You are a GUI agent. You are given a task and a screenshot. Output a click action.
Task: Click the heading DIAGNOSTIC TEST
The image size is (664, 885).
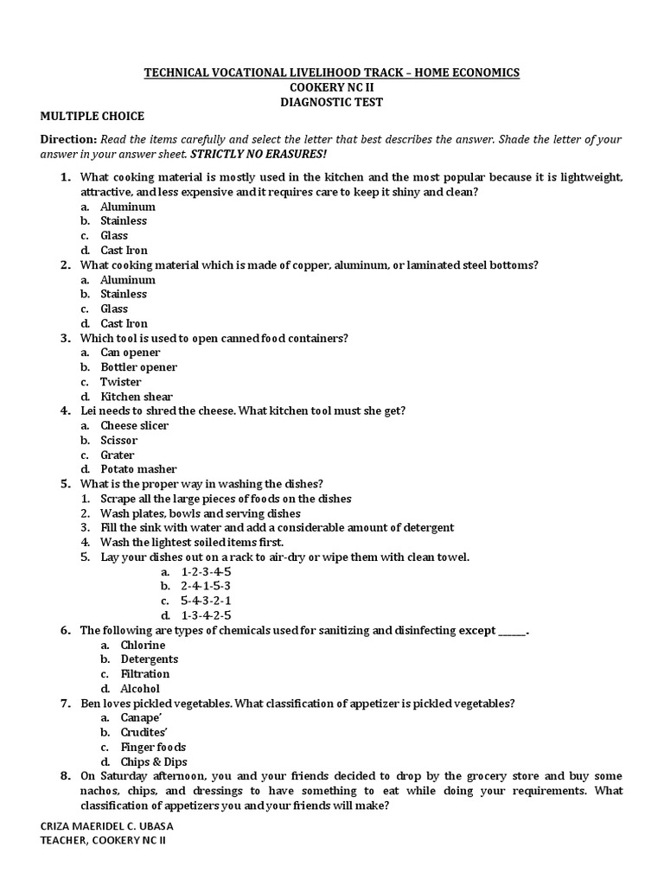point(331,102)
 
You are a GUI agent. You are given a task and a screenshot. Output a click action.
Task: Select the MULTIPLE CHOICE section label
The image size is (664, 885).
point(92,117)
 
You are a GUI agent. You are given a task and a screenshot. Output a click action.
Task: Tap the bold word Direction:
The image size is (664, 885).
point(68,139)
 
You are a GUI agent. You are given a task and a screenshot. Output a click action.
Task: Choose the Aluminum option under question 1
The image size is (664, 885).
point(127,207)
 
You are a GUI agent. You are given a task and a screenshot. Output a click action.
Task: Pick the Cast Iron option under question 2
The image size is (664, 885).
point(124,323)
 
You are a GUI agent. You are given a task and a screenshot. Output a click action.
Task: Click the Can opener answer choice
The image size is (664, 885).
point(130,353)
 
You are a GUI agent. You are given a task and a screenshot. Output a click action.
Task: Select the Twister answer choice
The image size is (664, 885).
point(120,382)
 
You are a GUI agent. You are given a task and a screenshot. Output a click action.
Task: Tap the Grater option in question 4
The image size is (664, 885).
point(117,455)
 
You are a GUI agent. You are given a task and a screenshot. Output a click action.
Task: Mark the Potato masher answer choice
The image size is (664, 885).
point(138,469)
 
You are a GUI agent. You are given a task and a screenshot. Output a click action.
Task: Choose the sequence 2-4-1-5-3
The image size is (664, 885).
point(207,586)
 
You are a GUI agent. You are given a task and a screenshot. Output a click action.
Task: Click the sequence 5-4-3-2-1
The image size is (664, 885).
point(207,601)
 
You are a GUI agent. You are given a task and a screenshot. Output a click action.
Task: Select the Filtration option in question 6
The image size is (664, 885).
point(144,674)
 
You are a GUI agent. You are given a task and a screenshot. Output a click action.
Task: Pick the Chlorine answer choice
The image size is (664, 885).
point(143,645)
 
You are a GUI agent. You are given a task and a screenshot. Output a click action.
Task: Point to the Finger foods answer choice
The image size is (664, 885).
point(153,747)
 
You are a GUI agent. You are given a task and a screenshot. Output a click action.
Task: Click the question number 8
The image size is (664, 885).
point(65,776)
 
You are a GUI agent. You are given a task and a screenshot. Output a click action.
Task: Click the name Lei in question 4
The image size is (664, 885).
point(89,411)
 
